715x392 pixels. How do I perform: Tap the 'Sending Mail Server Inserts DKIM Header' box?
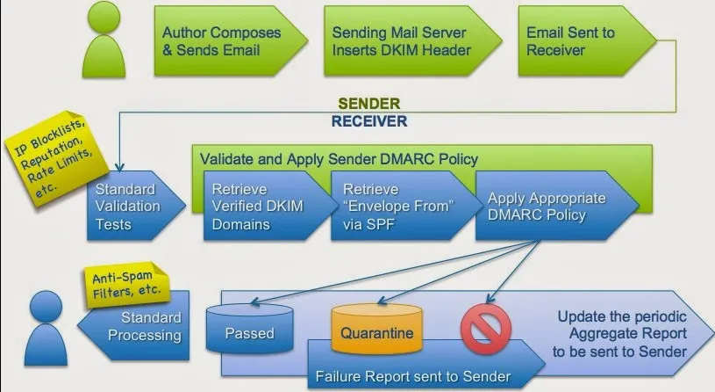pos(402,41)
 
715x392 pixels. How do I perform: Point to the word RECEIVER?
pos(369,121)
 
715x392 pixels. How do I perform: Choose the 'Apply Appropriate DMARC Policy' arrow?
pos(546,206)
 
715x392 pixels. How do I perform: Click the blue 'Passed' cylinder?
pos(249,331)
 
